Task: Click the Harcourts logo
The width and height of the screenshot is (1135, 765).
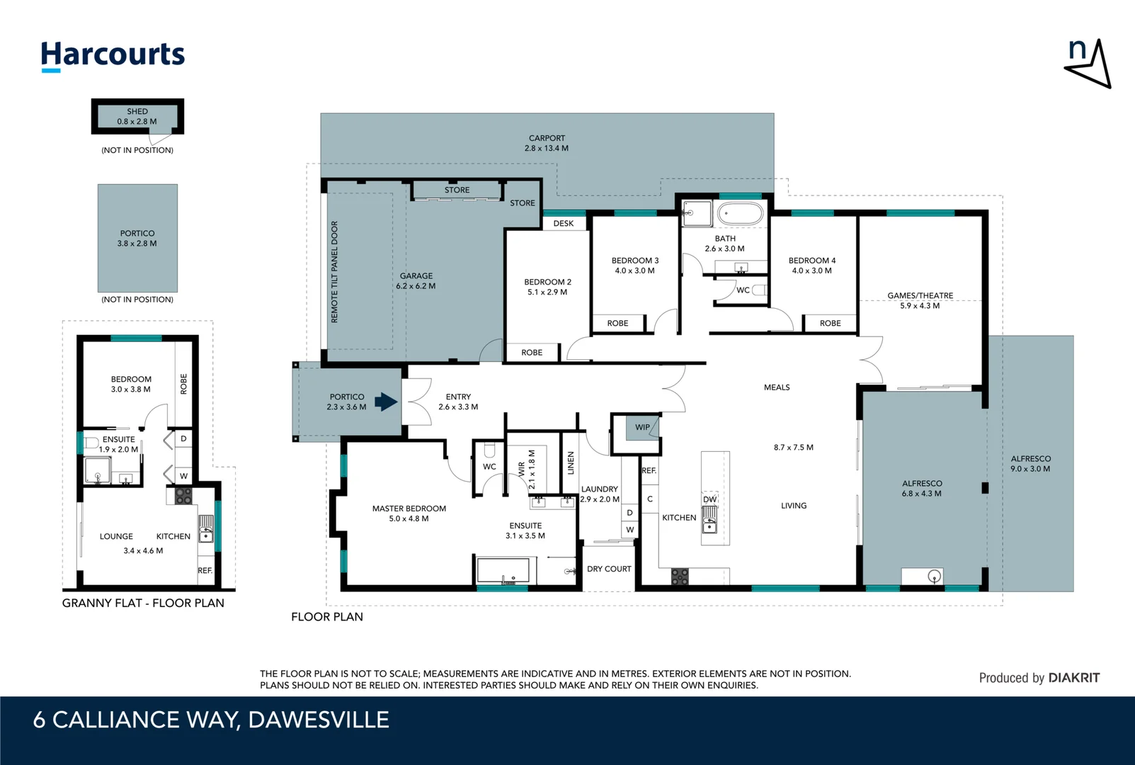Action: pyautogui.click(x=113, y=56)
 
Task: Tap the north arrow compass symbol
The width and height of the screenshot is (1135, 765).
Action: pyautogui.click(x=1088, y=64)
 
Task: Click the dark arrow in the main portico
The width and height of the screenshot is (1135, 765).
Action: pyautogui.click(x=386, y=402)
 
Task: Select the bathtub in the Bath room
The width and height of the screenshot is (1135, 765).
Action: pyautogui.click(x=741, y=214)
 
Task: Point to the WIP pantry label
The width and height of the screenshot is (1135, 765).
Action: pyautogui.click(x=642, y=427)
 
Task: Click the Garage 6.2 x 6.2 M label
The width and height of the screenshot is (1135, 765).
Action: pyautogui.click(x=416, y=281)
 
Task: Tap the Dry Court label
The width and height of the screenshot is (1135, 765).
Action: pyautogui.click(x=609, y=569)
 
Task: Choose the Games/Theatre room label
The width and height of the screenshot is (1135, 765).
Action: pyautogui.click(x=920, y=300)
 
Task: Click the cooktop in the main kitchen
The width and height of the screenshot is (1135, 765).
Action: pyautogui.click(x=680, y=577)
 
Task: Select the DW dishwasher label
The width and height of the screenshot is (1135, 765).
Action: pyautogui.click(x=710, y=499)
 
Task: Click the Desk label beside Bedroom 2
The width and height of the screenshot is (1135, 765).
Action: pyautogui.click(x=564, y=223)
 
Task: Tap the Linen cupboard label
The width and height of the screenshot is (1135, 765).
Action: pyautogui.click(x=571, y=463)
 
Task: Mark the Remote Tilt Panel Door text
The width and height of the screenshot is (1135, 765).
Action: pyautogui.click(x=334, y=272)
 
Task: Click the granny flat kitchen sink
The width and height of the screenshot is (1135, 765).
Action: pyautogui.click(x=206, y=528)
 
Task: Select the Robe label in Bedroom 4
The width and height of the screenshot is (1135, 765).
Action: pyautogui.click(x=830, y=323)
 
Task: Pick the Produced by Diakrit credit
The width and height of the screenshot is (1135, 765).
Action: pyautogui.click(x=1039, y=678)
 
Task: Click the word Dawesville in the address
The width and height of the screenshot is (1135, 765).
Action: pyautogui.click(x=319, y=720)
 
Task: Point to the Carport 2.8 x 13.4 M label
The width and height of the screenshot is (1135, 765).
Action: pyautogui.click(x=547, y=143)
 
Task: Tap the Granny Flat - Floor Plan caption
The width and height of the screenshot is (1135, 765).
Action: pyautogui.click(x=143, y=603)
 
